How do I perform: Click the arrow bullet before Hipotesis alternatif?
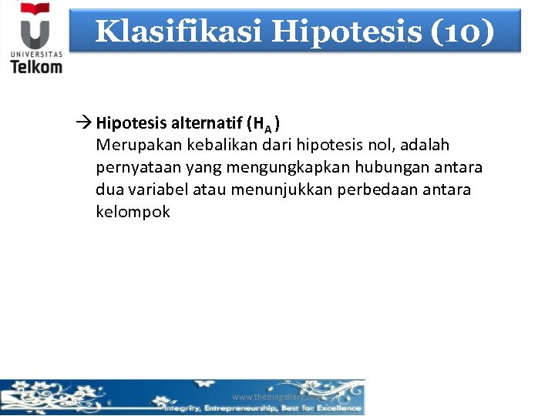[x=85, y=123]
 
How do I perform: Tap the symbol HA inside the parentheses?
[x=262, y=125]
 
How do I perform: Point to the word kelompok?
[x=133, y=211]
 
